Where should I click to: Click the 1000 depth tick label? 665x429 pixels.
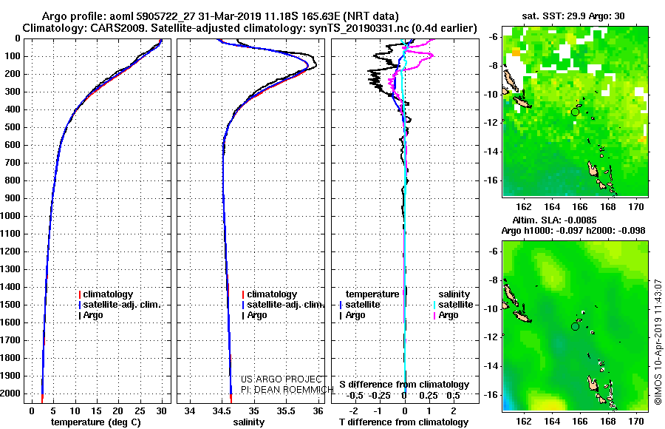tap(10, 216)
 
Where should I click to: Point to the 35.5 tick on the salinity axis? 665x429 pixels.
tap(286, 411)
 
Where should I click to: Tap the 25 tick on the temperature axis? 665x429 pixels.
tap(140, 411)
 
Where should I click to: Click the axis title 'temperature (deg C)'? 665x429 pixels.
tap(95, 422)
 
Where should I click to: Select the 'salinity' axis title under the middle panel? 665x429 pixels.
tap(248, 422)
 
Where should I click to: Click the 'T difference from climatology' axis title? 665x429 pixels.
tap(403, 422)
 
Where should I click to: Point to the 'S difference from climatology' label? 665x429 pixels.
tap(404, 385)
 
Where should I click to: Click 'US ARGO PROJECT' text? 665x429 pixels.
tap(282, 379)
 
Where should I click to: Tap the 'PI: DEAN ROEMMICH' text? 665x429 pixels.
tap(287, 390)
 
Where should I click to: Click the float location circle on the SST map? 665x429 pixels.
tap(575, 112)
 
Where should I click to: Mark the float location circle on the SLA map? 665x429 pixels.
tap(575, 326)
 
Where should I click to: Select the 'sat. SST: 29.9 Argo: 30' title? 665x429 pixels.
tap(573, 16)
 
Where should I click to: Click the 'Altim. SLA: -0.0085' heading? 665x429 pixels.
tap(554, 220)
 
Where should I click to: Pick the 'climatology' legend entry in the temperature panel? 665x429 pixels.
tap(106, 294)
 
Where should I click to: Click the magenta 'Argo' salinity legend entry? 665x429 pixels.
tap(446, 315)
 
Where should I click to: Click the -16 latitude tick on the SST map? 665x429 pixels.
tap(491, 180)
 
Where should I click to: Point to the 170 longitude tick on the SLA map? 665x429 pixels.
tap(636, 421)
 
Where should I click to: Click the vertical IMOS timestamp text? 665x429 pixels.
tap(658, 342)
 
